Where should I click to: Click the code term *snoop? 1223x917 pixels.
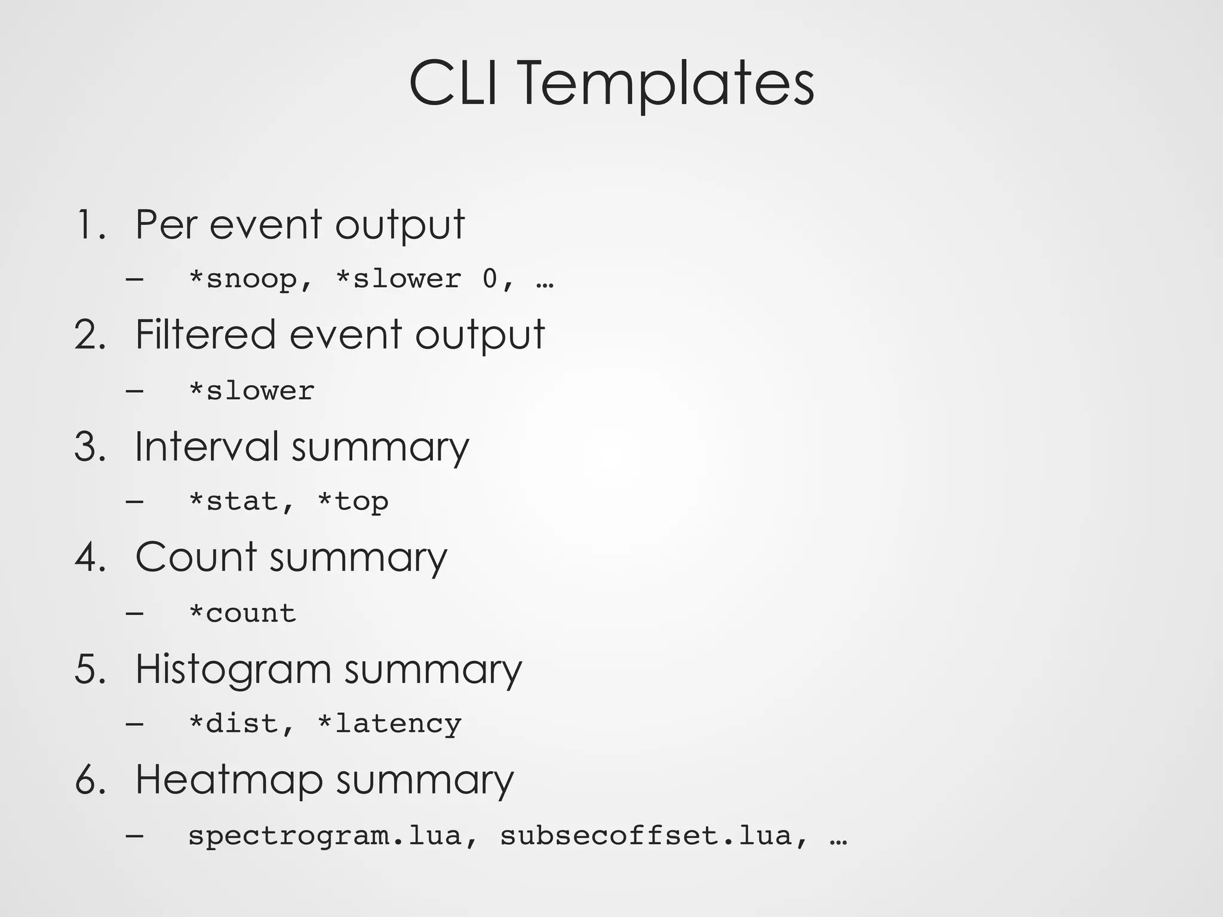point(251,279)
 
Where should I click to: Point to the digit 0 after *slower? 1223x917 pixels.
point(490,278)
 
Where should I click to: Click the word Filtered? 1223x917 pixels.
point(205,334)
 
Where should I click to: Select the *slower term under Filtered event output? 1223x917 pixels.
point(251,391)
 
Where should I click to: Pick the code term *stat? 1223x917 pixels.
point(242,501)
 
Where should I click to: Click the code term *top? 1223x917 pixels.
point(353,501)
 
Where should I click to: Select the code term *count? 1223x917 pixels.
point(242,613)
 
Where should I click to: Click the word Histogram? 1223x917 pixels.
point(232,669)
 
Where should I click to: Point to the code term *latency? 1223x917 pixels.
point(389,724)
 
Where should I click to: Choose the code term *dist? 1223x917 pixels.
point(242,724)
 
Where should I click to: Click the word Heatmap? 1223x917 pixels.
point(229,780)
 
